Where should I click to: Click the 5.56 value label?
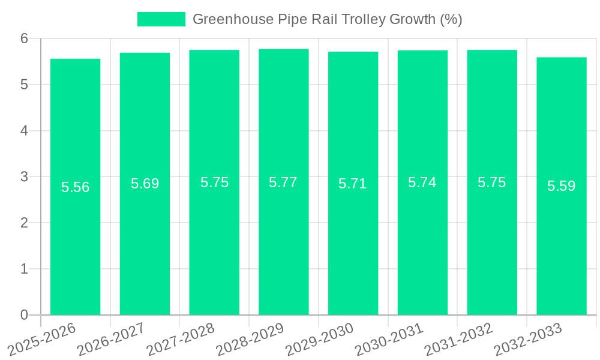click(x=75, y=187)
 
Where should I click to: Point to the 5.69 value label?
click(x=145, y=184)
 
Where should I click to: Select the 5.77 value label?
click(x=283, y=182)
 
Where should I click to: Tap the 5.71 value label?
click(x=353, y=184)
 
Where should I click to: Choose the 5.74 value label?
click(x=422, y=182)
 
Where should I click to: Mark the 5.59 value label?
click(x=562, y=186)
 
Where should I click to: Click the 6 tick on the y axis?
click(x=24, y=38)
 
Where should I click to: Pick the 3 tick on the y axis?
click(x=24, y=177)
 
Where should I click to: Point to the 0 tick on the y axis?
click(x=24, y=315)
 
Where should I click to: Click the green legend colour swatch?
click(x=161, y=19)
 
